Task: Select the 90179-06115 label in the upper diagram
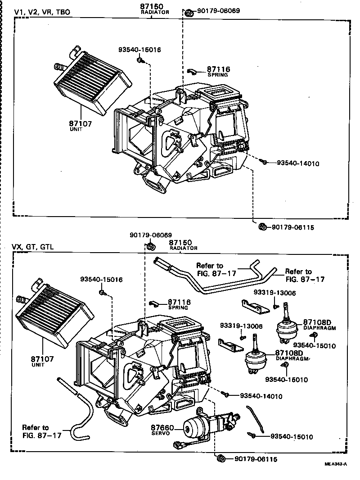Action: point(293,227)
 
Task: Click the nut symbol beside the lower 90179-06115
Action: point(221,459)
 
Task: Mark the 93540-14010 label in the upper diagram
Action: point(297,163)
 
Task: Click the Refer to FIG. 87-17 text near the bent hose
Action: point(36,431)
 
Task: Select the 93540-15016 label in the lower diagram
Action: point(102,280)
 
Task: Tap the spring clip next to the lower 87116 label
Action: point(153,304)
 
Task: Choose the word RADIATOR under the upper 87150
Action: point(155,12)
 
